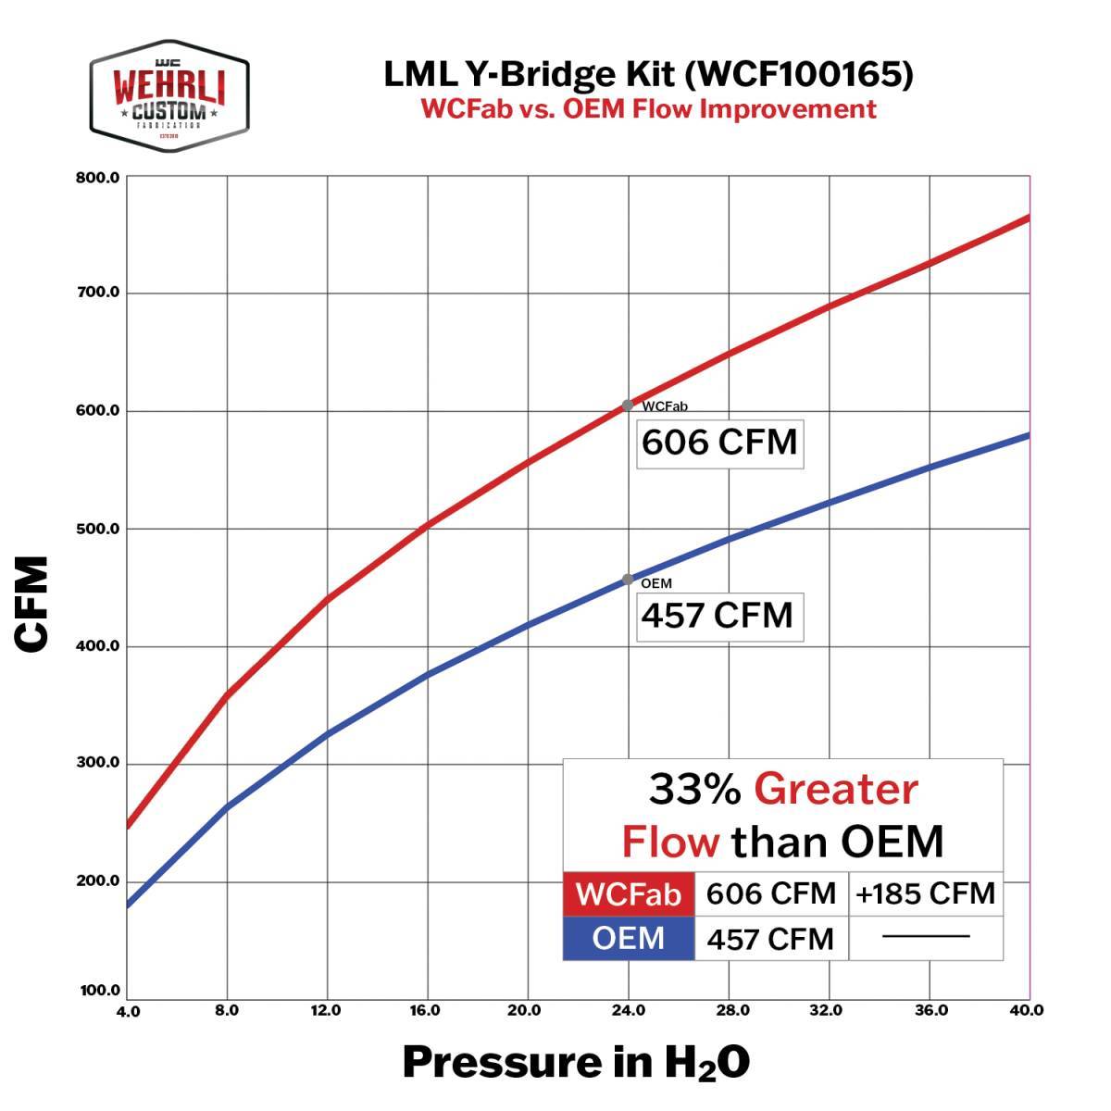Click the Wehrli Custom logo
[169, 96]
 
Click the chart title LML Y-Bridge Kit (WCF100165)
[648, 74]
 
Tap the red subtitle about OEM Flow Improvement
[648, 108]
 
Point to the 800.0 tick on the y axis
[98, 177]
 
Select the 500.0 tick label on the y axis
[98, 529]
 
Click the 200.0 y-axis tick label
[98, 880]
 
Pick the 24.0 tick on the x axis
[629, 1010]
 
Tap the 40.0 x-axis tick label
[1026, 1010]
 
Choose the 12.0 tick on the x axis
[327, 1010]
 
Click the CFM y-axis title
[32, 604]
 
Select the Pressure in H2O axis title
[576, 1063]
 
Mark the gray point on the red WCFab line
[628, 405]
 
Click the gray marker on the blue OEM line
[628, 580]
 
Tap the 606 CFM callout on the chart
[719, 442]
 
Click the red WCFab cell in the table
[629, 894]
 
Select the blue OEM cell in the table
[629, 938]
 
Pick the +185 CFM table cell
[925, 894]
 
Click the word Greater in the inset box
[835, 790]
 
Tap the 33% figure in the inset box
[694, 790]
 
